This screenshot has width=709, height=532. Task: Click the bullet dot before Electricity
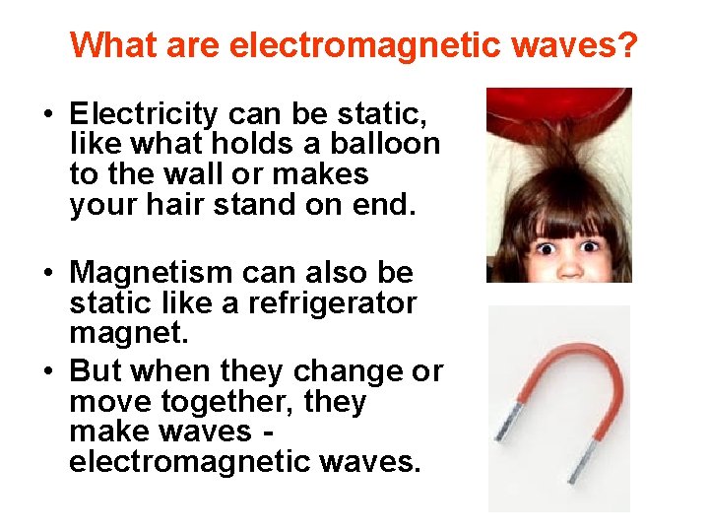tap(47, 113)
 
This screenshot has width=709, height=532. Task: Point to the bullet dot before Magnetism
tap(47, 273)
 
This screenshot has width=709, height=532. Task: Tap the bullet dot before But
tap(47, 372)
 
